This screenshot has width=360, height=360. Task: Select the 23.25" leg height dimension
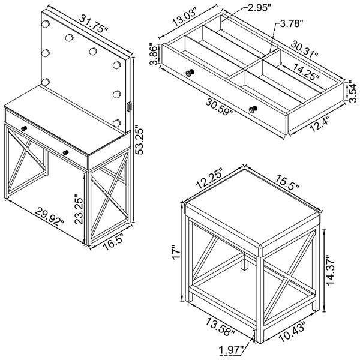[x=79, y=209]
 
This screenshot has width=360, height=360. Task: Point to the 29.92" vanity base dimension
[x=50, y=216]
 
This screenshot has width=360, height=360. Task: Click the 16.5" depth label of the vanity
[x=113, y=242]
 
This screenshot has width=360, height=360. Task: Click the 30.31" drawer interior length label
[x=305, y=49]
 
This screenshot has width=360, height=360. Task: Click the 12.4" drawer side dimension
[x=319, y=124]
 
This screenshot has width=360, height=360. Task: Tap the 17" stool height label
[x=176, y=253]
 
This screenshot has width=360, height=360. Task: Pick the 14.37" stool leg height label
[x=331, y=270]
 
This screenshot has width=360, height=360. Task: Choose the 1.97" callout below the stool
[x=232, y=351]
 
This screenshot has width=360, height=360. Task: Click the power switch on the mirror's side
[x=129, y=107]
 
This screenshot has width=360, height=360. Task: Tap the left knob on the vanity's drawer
[x=24, y=128]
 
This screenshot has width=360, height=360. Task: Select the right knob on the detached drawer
[x=253, y=109]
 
